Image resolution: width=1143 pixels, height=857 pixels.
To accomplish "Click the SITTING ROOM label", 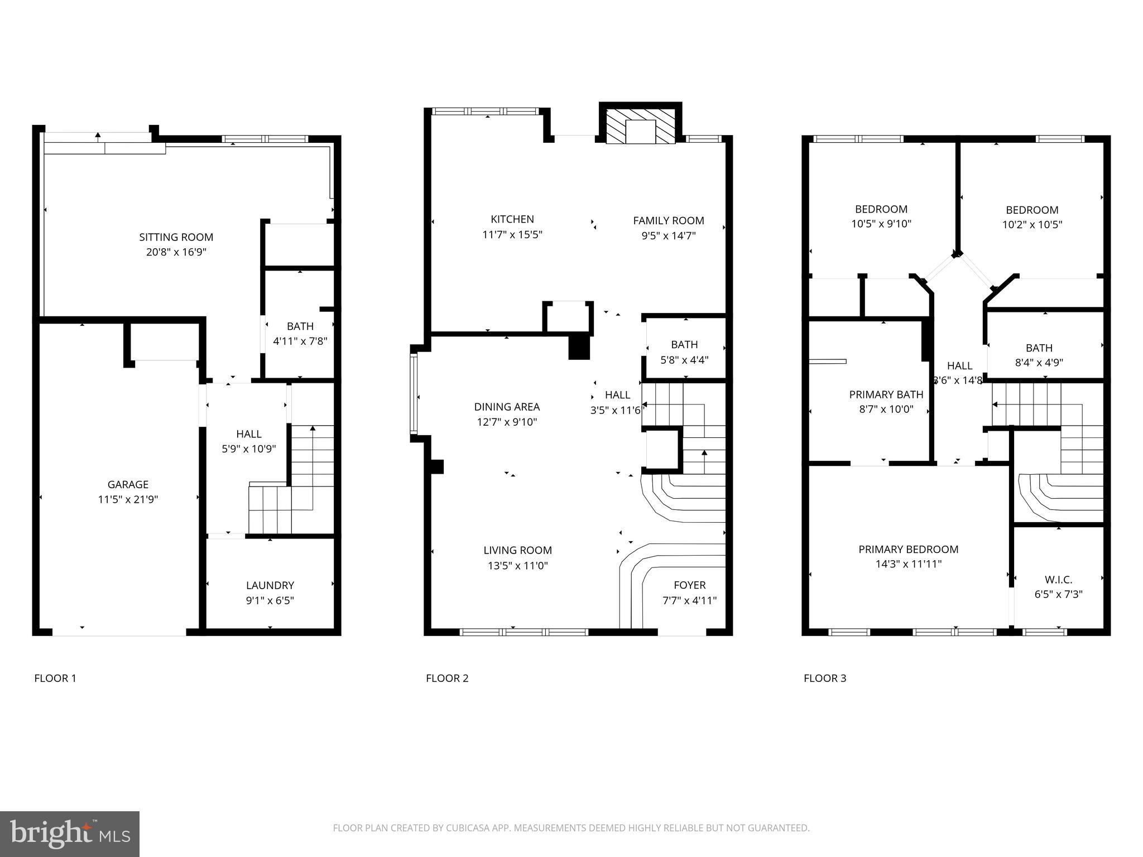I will coord(176,237).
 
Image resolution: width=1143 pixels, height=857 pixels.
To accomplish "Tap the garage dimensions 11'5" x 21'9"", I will coord(128,499).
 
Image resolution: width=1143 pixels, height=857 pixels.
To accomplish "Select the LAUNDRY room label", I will coord(270,585).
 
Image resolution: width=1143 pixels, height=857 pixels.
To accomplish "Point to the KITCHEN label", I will coord(512,219).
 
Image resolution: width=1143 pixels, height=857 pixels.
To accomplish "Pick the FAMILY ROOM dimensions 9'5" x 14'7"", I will coord(668,235).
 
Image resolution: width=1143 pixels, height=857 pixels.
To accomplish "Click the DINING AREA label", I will coord(507,407).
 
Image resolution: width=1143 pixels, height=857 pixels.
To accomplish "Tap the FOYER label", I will coord(689,585).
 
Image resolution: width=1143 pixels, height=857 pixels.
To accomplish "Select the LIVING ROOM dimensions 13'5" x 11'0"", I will coord(517,566).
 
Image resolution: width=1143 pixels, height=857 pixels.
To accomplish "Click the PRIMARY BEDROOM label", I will coord(908,550).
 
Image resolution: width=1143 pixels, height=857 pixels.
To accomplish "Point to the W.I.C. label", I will coord(1058,580).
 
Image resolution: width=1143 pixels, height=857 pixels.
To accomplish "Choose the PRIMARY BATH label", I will coord(886,394).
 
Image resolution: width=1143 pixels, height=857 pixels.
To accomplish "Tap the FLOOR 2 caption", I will coord(447,678).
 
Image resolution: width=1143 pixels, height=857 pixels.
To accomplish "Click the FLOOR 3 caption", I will coord(824,678).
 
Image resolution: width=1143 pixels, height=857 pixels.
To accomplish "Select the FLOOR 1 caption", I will coord(55,678).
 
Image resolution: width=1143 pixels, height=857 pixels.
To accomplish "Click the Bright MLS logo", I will coord(69,834).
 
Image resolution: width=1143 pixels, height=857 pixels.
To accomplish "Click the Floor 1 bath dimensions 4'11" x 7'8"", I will coord(300,341).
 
